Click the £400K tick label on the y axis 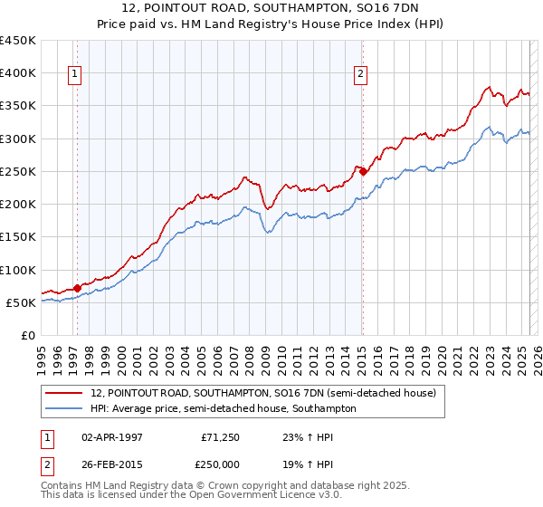point(18,72)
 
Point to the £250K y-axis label point(18,171)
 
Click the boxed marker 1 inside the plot point(73,75)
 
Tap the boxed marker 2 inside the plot point(360,75)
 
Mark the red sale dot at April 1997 point(77,288)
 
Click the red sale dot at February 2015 point(362,171)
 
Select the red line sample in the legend point(65,393)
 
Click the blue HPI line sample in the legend point(65,408)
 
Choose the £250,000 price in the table point(220,465)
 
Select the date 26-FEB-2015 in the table point(110,465)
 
